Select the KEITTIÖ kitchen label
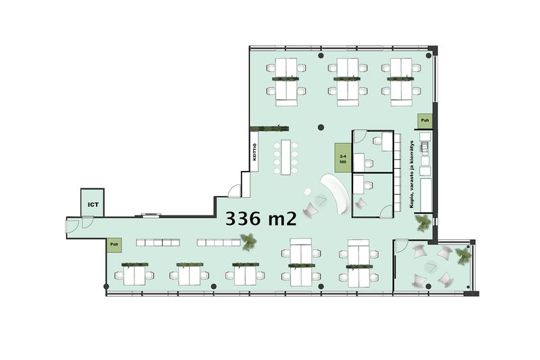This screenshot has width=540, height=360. coord(254,151)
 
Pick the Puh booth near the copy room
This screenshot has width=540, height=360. coord(425,121)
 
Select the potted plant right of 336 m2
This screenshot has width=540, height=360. coord(248,238)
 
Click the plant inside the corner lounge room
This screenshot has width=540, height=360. coord(462,255)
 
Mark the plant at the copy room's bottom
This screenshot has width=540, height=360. coord(423,222)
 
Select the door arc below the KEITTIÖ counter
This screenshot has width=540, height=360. coord(234,192)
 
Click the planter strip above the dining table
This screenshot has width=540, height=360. coord(269,128)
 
